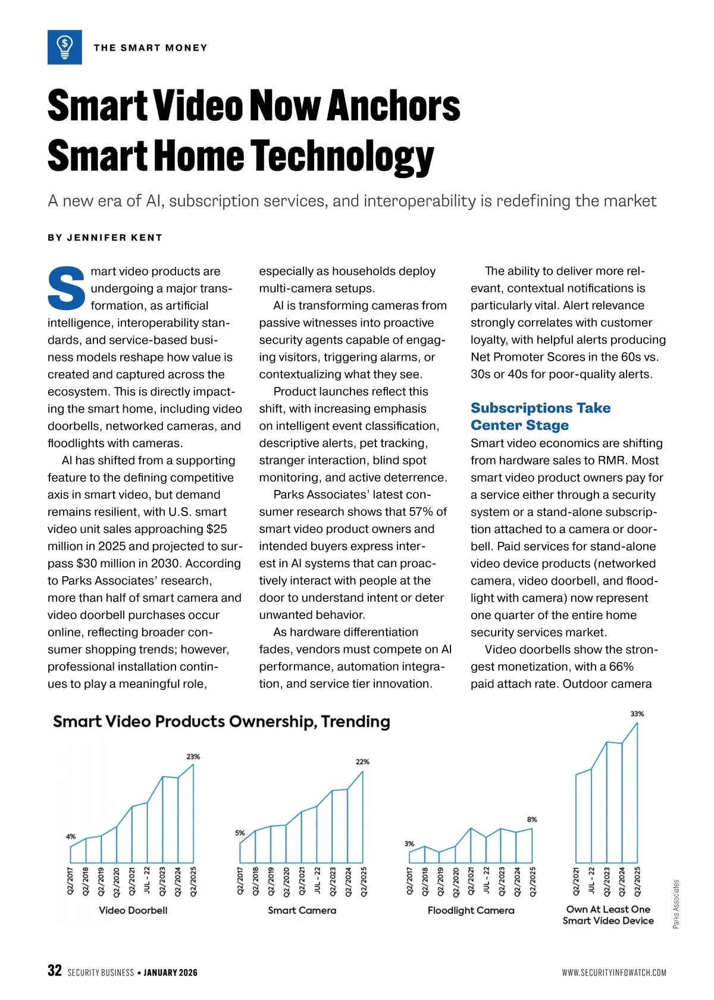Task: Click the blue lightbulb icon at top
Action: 64,47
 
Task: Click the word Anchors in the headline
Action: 393,106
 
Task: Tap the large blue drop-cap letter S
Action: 67,289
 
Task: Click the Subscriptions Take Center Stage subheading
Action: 540,416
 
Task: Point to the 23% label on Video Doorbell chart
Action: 193,757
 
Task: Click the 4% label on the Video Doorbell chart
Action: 71,836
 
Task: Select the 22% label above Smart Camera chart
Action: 362,761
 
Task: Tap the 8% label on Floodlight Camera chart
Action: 532,820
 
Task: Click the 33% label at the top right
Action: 637,714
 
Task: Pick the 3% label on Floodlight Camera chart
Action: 409,843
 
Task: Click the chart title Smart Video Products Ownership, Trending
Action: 221,721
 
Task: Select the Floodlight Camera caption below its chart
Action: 471,910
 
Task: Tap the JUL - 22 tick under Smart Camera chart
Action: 317,881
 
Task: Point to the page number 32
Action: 54,971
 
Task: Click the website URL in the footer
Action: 614,973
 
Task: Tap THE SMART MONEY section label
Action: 151,48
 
